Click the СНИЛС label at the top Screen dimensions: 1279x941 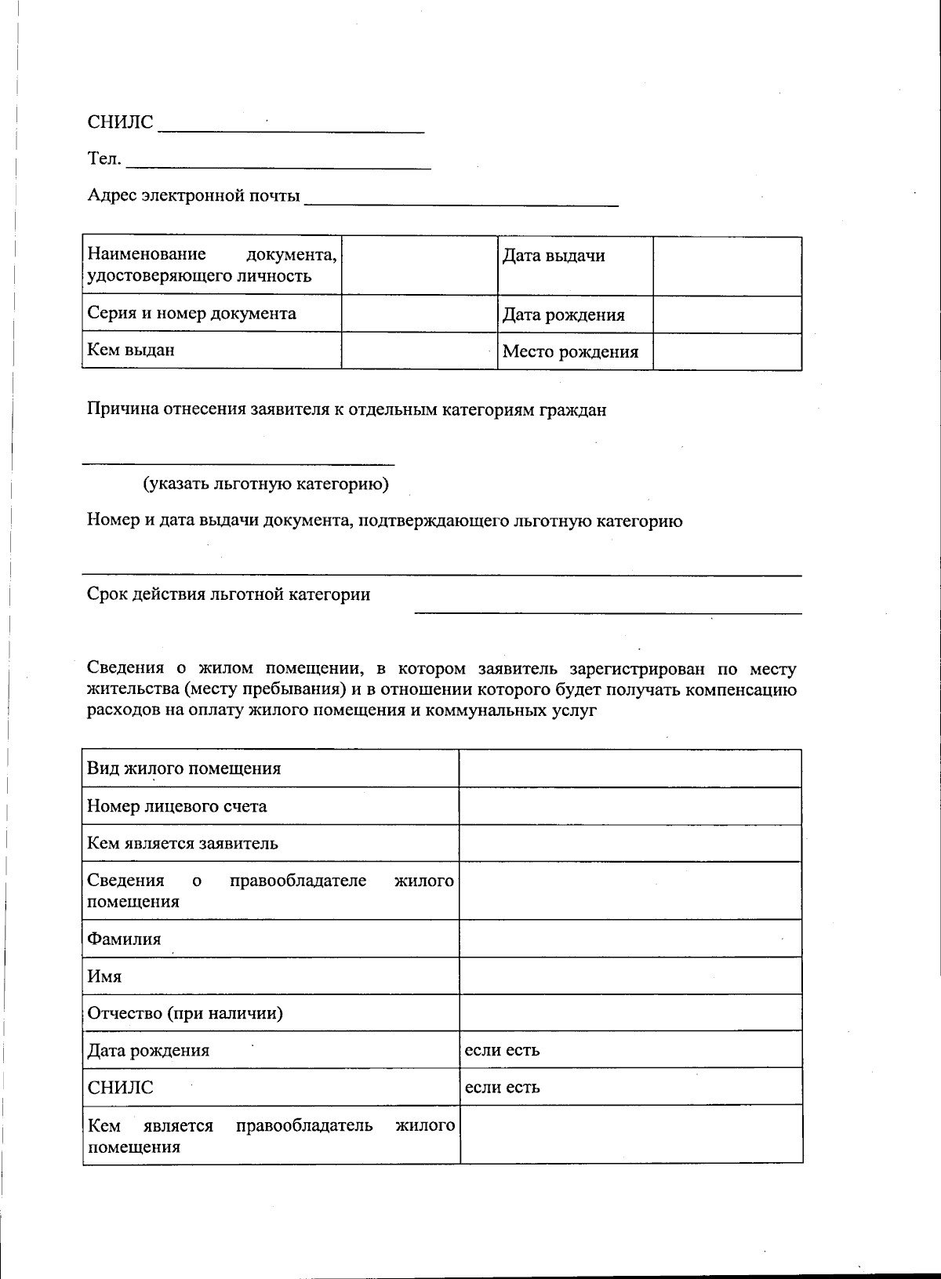pos(120,122)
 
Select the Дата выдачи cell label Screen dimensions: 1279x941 pos(554,256)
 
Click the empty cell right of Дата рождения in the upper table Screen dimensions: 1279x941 pos(727,314)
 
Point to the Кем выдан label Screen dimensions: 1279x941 pos(131,350)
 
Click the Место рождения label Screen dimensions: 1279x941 pos(570,351)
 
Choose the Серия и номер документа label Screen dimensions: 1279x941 pos(191,313)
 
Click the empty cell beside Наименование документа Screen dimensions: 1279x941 pos(420,265)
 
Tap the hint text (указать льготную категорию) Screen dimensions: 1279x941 pos(265,484)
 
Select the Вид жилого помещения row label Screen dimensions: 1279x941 pos(183,768)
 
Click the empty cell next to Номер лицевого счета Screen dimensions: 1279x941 pos(630,805)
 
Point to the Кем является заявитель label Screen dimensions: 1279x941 pos(182,843)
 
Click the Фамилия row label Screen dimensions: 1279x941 pos(124,939)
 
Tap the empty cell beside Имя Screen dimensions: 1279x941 pos(630,976)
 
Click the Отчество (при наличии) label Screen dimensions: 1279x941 pos(185,1012)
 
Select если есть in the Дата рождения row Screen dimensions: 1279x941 pos(502,1049)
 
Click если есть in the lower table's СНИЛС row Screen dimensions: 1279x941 pos(502,1087)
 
